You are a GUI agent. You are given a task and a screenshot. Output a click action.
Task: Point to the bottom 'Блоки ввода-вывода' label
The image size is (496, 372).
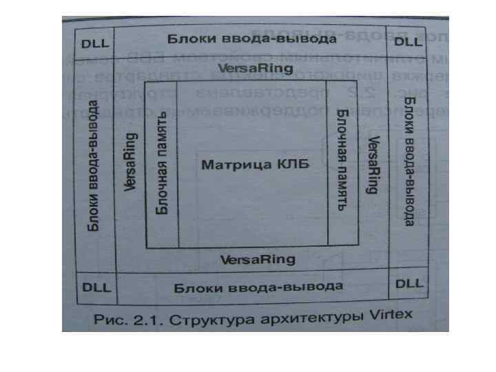point(258,287)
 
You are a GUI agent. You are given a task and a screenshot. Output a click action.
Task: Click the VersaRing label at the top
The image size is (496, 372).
point(256,68)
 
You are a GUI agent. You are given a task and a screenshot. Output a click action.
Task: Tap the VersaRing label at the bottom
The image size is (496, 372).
point(257,259)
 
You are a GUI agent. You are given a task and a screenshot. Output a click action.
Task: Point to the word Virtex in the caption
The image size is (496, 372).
point(386,316)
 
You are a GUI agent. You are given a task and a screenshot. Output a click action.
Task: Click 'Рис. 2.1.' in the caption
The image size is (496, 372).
point(116,322)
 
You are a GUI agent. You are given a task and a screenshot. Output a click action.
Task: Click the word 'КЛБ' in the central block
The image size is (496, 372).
point(291,164)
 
